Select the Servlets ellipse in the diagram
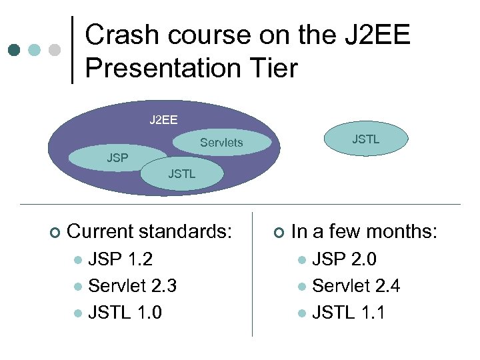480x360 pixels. click(222, 143)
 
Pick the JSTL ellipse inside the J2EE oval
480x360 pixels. click(182, 174)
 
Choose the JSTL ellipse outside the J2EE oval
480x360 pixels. click(365, 139)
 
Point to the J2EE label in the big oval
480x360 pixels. click(163, 120)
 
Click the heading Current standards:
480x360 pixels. click(150, 232)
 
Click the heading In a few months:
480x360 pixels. click(364, 232)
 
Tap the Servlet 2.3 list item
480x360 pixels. click(132, 286)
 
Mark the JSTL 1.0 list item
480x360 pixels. click(125, 312)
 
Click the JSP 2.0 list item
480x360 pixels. click(344, 259)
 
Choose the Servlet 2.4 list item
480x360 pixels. click(356, 286)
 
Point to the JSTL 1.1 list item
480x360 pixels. click(348, 312)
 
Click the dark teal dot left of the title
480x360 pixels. click(15, 51)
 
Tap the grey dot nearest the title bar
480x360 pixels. click(55, 51)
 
